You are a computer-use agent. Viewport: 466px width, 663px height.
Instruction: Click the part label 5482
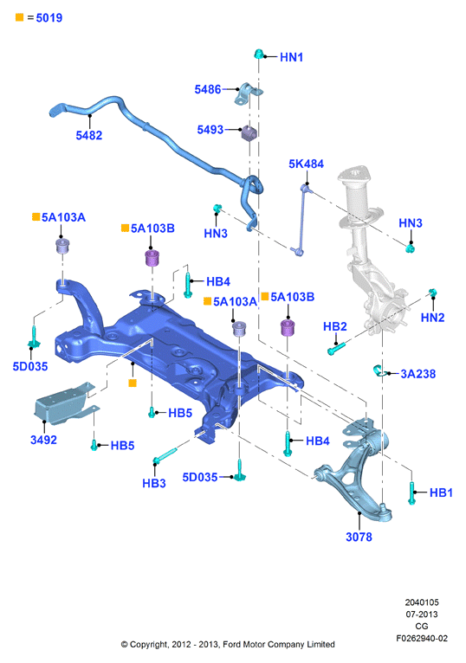(89, 135)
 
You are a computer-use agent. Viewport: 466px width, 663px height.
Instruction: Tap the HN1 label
(291, 57)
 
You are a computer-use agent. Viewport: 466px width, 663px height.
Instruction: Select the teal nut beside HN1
(259, 55)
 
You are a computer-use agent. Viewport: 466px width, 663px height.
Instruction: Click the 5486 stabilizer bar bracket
(249, 93)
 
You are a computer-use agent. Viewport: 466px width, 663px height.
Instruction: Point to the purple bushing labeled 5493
(249, 132)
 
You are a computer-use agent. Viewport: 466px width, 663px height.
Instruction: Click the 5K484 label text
(306, 164)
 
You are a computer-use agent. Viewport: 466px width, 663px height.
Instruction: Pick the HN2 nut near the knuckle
(432, 293)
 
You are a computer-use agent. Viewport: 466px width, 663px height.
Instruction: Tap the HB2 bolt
(336, 349)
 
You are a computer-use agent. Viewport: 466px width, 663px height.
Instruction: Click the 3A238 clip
(379, 370)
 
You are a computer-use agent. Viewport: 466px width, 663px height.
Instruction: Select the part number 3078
(359, 537)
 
